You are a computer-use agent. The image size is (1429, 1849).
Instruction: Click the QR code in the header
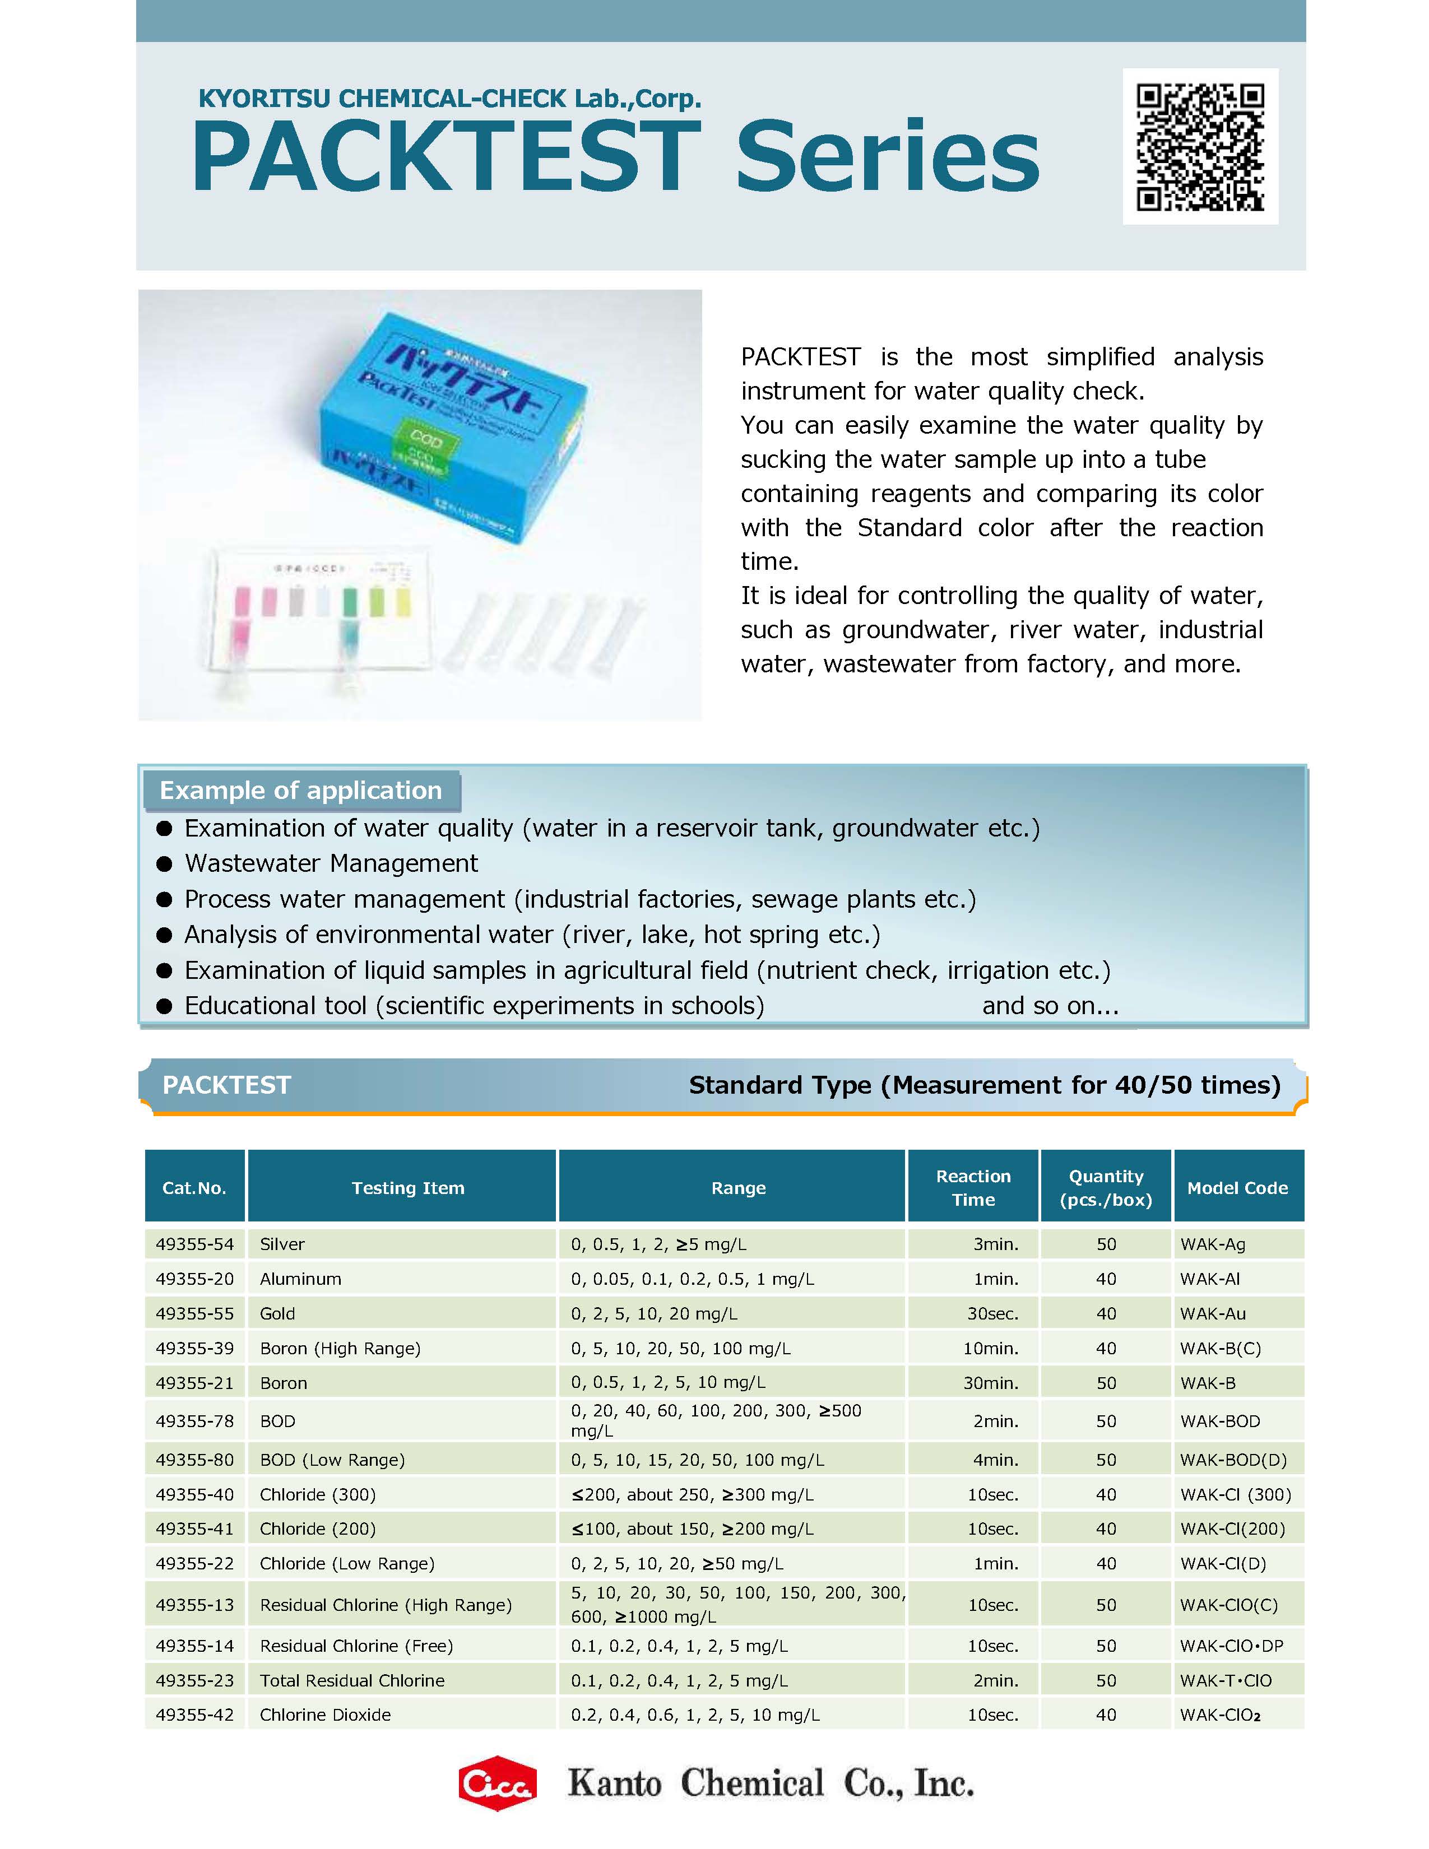1200,146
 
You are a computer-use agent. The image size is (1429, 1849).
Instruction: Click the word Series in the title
887,157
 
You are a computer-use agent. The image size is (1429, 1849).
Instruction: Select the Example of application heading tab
300,790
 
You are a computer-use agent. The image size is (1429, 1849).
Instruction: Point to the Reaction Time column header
973,1187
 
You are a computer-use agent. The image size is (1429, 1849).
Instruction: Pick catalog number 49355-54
194,1244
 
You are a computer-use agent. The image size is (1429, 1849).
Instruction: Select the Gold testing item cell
277,1313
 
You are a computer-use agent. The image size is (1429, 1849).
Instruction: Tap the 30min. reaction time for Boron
992,1382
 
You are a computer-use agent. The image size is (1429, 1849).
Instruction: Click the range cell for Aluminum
692,1279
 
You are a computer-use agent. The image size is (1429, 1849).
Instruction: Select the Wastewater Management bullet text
331,863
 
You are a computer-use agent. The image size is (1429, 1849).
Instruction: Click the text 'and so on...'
1050,1005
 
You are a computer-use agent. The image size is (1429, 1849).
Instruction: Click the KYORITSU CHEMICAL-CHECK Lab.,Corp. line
449,98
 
